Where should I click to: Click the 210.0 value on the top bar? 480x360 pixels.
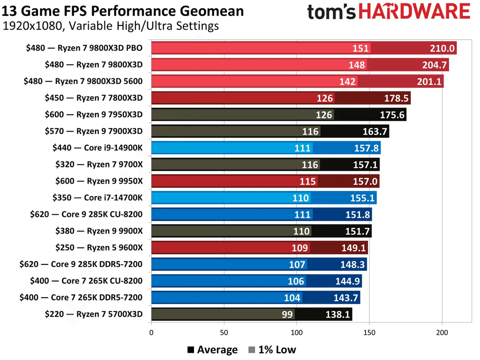[442, 48]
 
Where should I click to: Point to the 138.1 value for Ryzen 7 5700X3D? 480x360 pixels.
[337, 315]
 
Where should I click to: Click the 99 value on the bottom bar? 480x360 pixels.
[287, 315]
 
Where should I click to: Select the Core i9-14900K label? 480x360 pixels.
[97, 148]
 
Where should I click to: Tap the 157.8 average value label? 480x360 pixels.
[366, 148]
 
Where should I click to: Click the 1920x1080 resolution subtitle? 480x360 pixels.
[111, 26]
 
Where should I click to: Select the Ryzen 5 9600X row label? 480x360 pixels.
[99, 247]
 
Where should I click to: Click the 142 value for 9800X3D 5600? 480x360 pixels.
[347, 82]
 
